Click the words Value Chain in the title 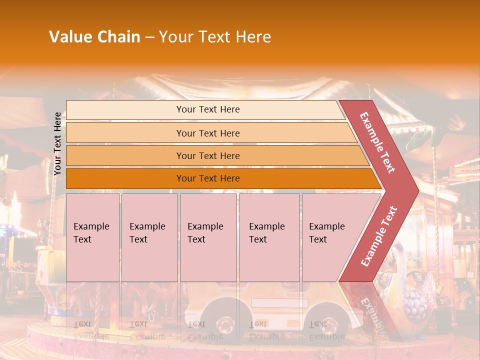[x=94, y=37]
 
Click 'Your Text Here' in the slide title [x=215, y=37]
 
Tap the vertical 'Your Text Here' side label [x=57, y=144]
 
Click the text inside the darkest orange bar [x=208, y=178]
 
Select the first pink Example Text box [x=92, y=237]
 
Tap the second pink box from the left [x=149, y=237]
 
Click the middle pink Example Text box [x=208, y=237]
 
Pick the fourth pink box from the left [x=269, y=237]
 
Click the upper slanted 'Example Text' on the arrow [x=377, y=142]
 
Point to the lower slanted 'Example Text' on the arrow [x=379, y=236]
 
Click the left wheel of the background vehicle [x=224, y=322]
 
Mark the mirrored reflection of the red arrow [x=372, y=310]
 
